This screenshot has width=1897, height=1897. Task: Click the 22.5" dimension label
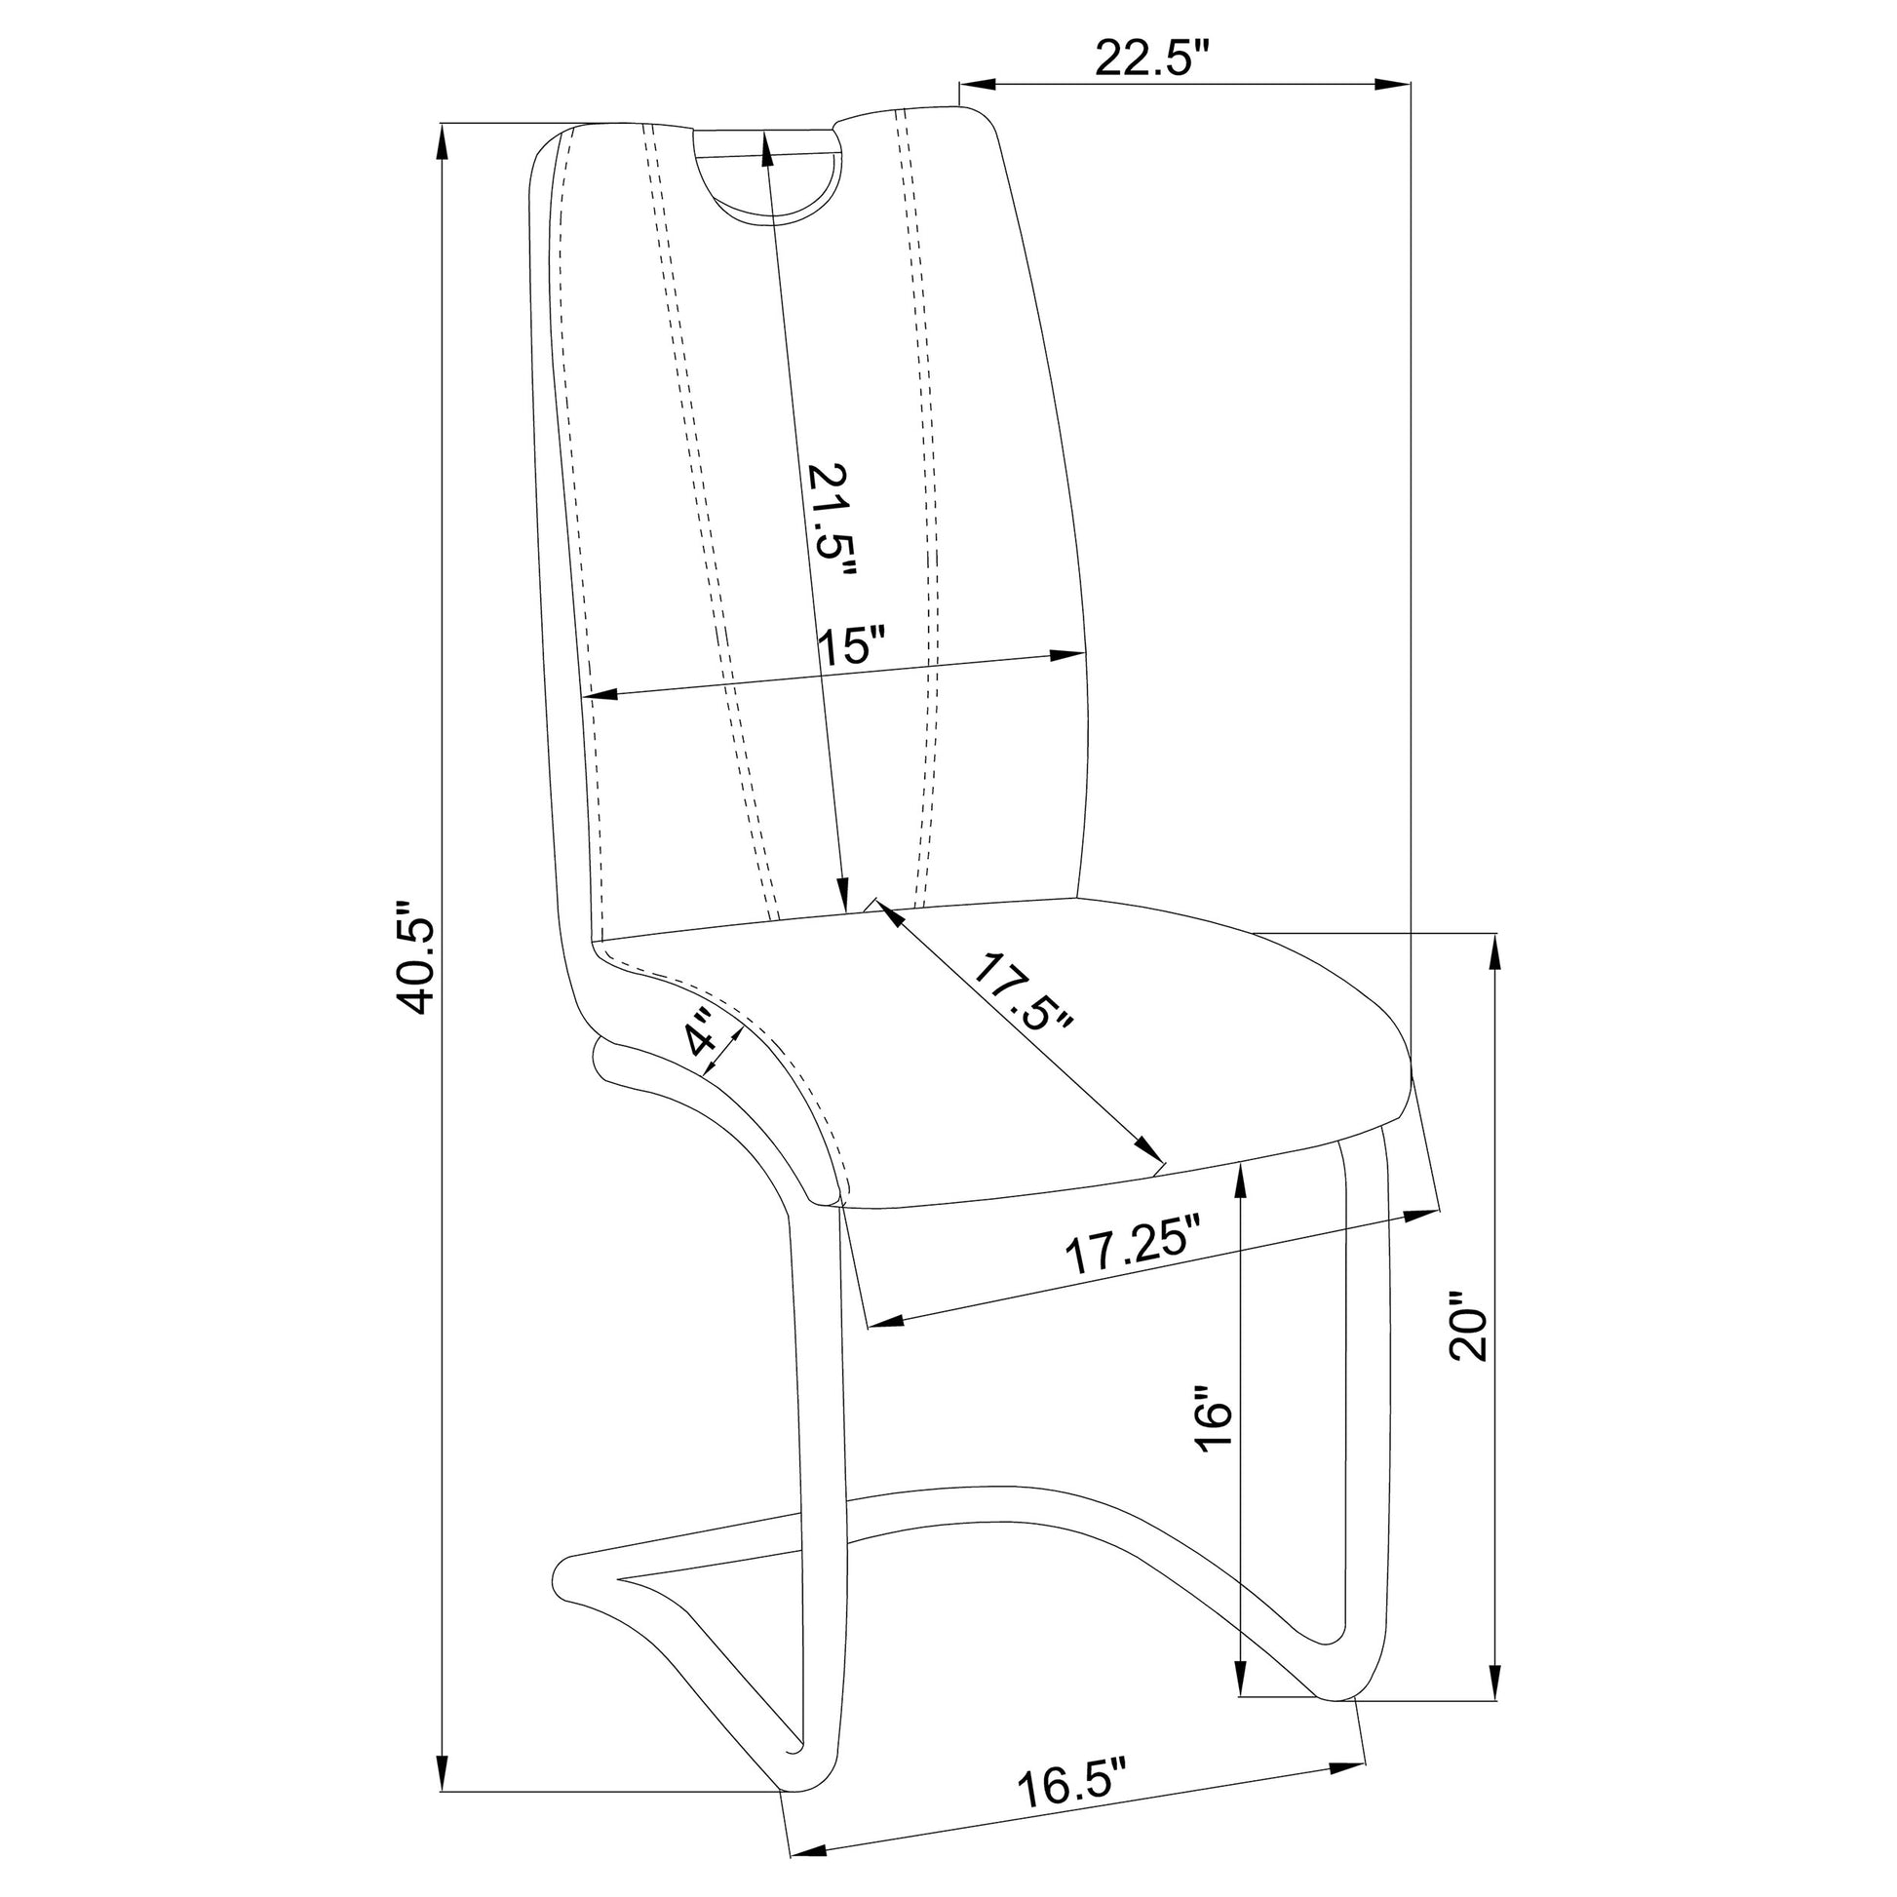pyautogui.click(x=1148, y=59)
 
